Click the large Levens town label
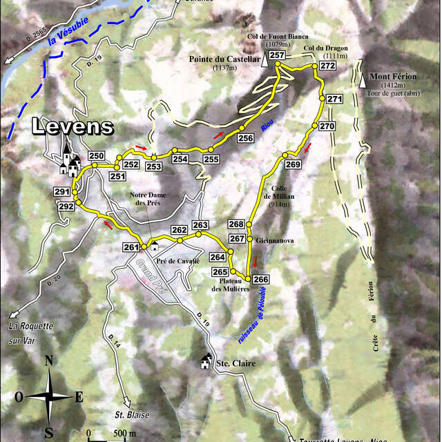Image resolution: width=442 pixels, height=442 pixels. (x=72, y=126)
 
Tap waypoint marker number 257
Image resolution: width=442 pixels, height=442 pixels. (x=277, y=55)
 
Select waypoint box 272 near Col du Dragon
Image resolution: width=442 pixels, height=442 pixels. (x=327, y=66)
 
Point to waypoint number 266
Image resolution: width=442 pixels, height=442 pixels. (x=260, y=279)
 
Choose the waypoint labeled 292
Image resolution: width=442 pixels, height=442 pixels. (x=66, y=206)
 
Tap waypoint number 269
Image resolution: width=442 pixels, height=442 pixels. (x=293, y=164)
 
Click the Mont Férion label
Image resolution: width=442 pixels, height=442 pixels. (x=393, y=77)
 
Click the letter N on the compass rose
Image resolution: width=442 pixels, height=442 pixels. (x=48, y=360)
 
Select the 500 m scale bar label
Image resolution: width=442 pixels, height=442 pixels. (x=124, y=433)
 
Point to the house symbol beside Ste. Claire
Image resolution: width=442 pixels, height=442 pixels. (x=206, y=361)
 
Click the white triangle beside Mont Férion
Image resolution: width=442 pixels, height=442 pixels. (x=363, y=81)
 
